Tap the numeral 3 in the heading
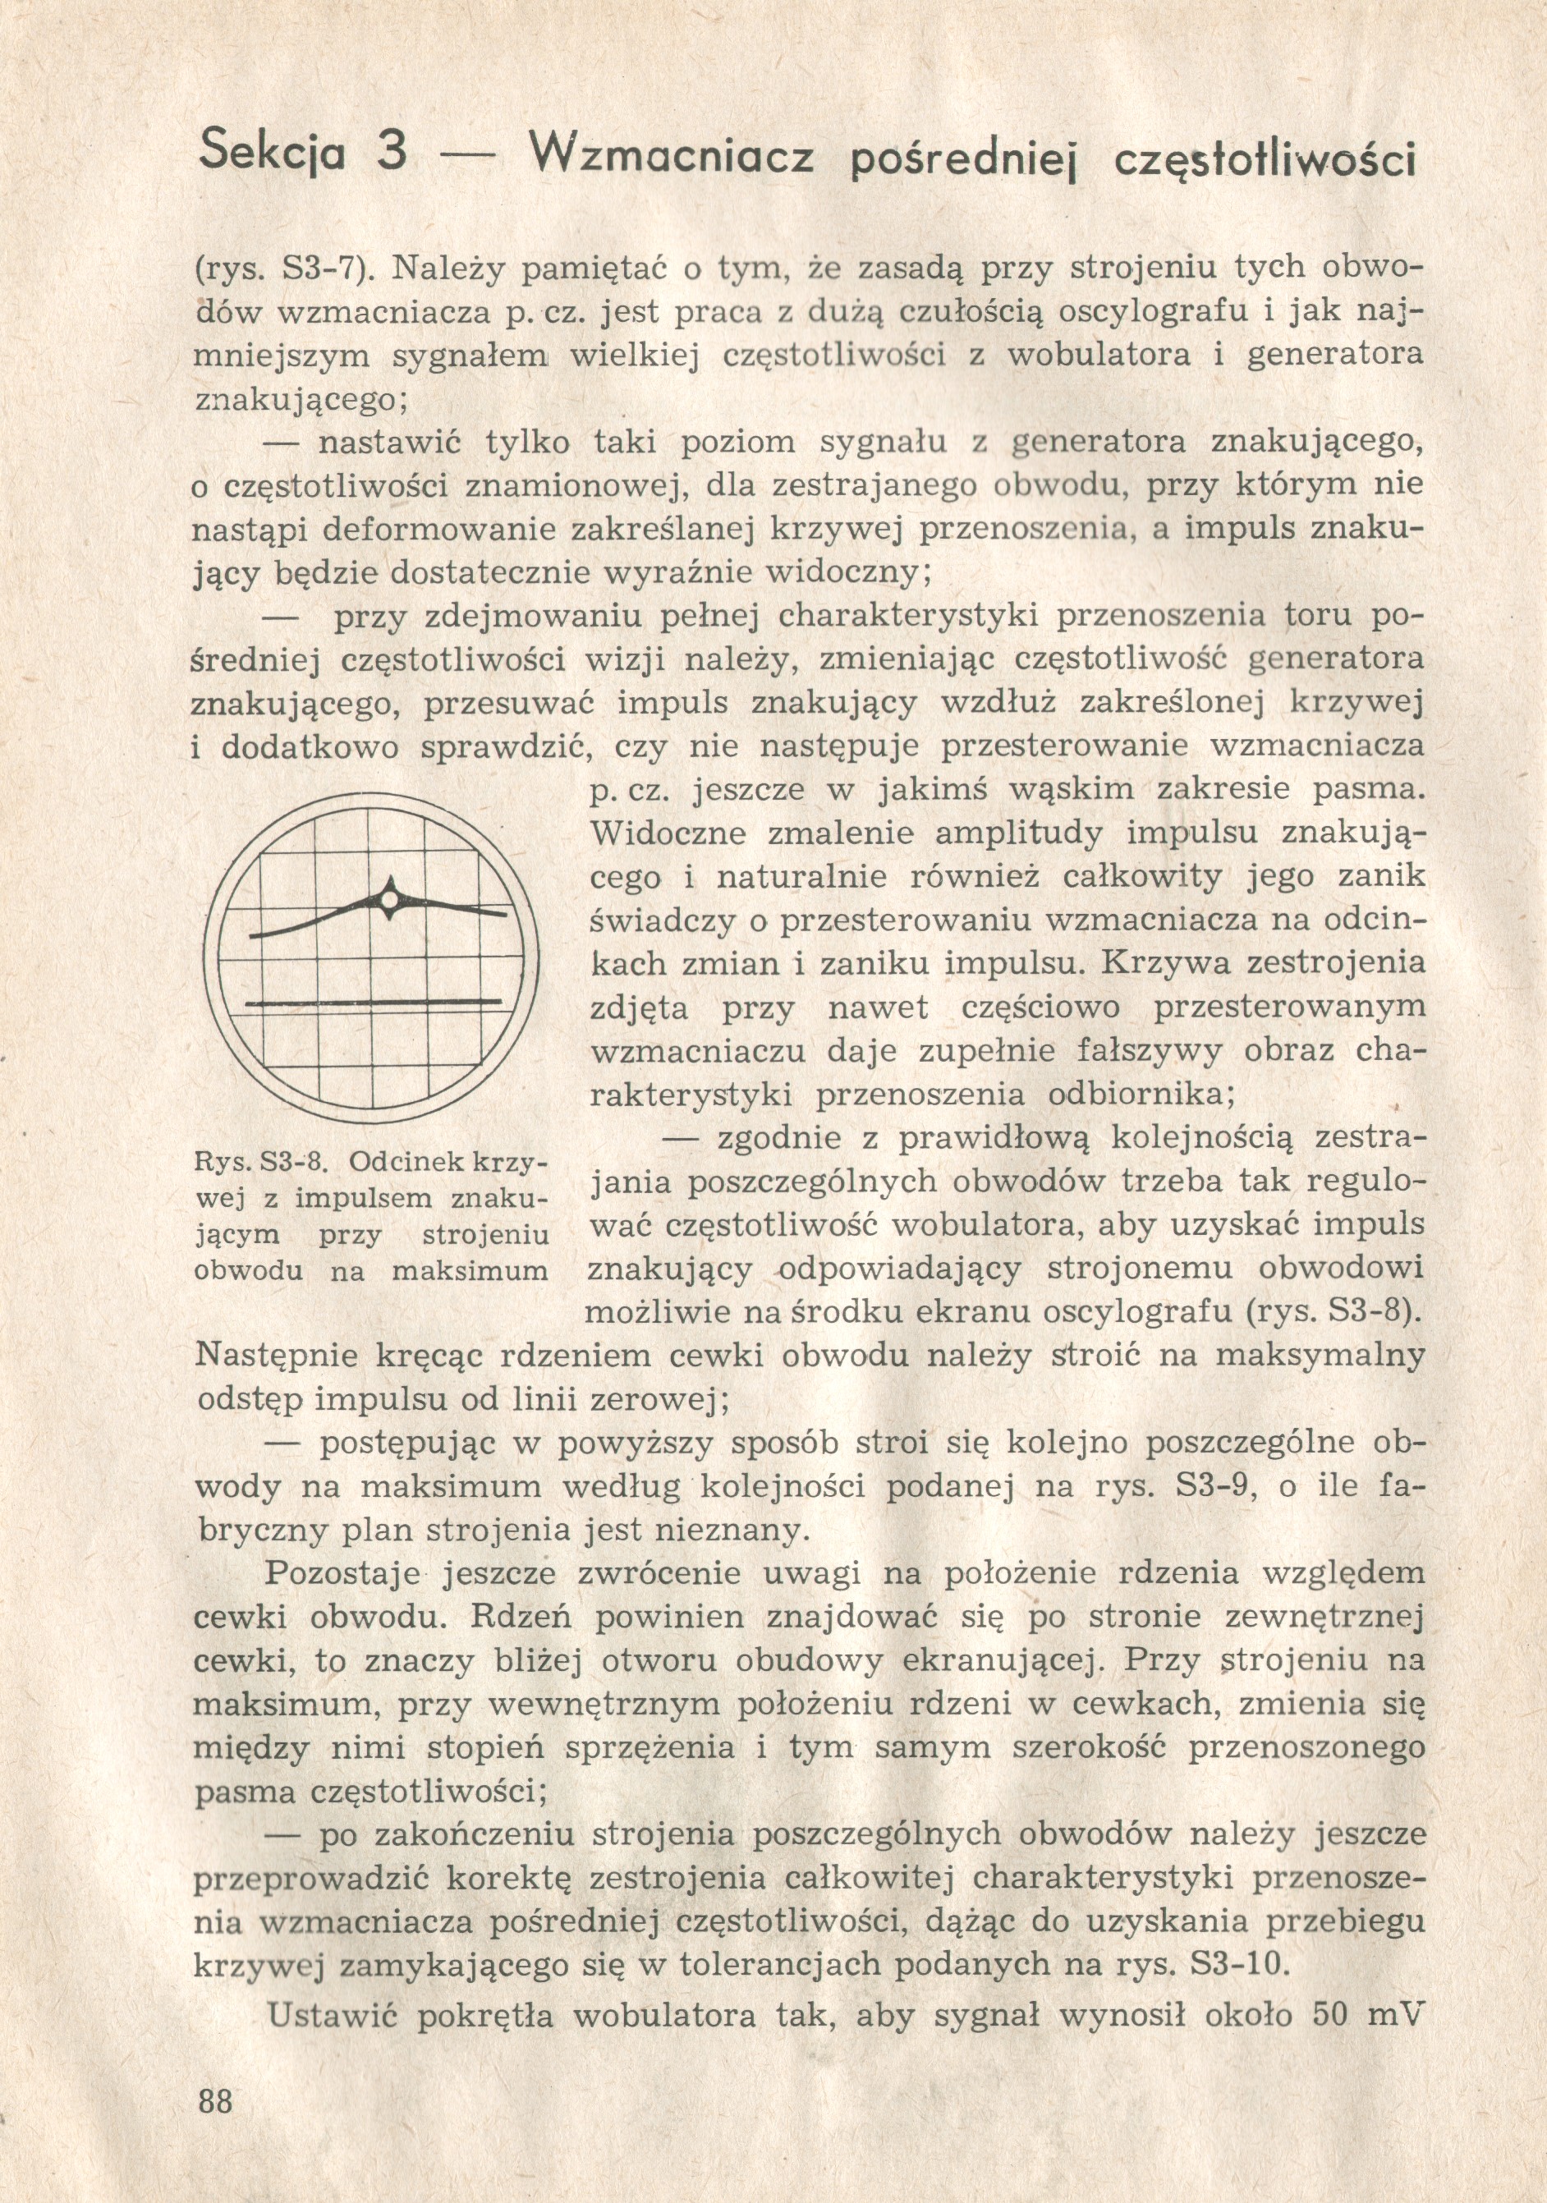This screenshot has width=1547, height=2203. coord(390,154)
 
